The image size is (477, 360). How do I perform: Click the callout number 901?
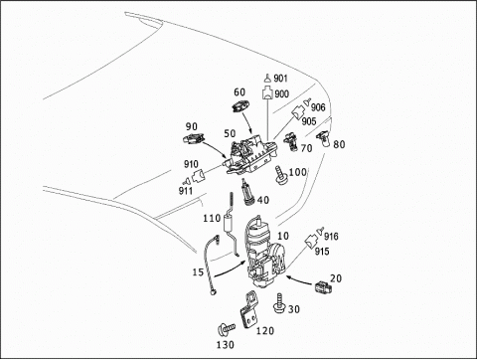[x=280, y=79]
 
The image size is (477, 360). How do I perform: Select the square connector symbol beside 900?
[x=267, y=92]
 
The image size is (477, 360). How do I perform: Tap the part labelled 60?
[x=240, y=106]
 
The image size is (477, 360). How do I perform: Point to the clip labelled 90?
[x=194, y=138]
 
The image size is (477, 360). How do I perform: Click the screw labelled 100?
[x=281, y=176]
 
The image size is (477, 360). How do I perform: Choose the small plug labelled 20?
[x=323, y=286]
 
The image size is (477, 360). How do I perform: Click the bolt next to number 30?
[x=279, y=303]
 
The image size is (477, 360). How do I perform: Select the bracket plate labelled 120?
[x=249, y=309]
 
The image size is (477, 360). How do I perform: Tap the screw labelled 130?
[x=226, y=329]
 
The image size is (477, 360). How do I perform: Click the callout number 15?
[x=198, y=272]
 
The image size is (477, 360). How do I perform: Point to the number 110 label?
[x=212, y=218]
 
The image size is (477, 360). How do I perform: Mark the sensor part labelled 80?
[x=323, y=138]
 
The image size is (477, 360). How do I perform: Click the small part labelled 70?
[x=290, y=141]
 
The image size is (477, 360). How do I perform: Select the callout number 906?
[x=318, y=107]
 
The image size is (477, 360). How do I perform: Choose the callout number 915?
[x=322, y=252]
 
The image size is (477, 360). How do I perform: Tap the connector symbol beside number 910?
[x=199, y=175]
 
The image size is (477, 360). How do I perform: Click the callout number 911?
[x=186, y=191]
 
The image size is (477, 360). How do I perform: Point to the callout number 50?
[x=230, y=133]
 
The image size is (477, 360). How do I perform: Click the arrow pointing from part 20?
[x=299, y=280]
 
